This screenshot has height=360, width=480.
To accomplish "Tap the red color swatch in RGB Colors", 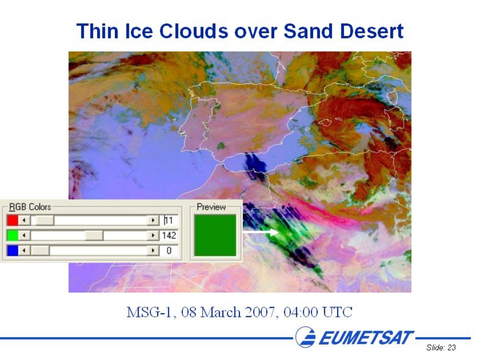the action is click(13, 220).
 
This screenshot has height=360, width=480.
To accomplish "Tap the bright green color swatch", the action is click(13, 235).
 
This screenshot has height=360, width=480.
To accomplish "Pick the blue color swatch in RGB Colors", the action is click(13, 251).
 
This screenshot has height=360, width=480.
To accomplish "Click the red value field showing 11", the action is click(169, 220).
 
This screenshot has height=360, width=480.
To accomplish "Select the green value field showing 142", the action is click(169, 235).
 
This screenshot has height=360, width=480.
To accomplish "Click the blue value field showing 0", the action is click(169, 251).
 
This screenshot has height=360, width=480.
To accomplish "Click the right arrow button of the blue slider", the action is click(153, 251).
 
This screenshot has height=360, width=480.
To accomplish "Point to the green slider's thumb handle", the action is click(94, 235).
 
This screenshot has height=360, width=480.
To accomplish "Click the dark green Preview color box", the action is click(215, 235).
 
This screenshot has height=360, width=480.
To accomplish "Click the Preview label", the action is click(211, 207).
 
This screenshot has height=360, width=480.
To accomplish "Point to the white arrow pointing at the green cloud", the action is click(261, 232).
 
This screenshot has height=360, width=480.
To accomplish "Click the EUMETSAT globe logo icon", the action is click(306, 337).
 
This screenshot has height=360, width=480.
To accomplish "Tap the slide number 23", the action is click(451, 347).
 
